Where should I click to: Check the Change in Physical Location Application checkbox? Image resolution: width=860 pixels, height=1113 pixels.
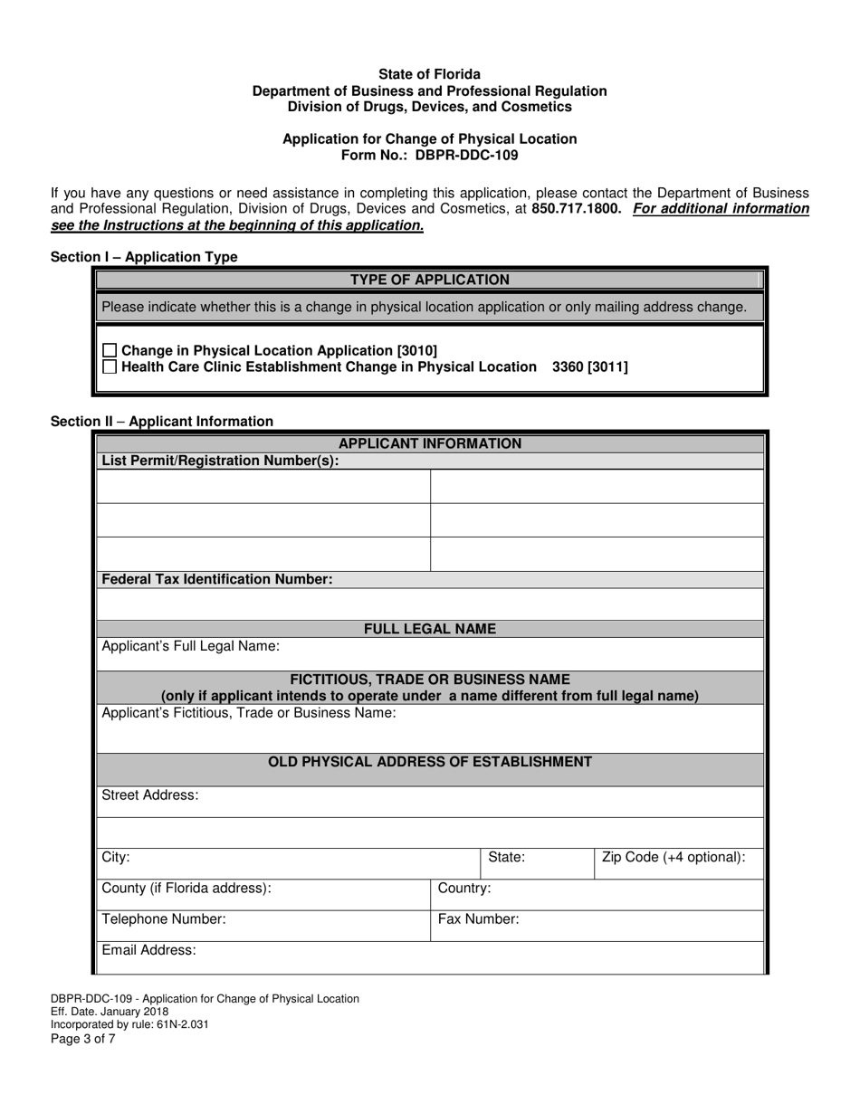(x=110, y=350)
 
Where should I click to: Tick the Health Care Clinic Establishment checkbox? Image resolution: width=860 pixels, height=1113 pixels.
(x=110, y=366)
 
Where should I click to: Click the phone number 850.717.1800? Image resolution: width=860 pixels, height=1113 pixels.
(x=577, y=209)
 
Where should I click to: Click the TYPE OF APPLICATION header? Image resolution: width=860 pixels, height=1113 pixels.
(x=429, y=281)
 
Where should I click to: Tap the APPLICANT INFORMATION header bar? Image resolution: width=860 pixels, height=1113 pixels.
(x=429, y=443)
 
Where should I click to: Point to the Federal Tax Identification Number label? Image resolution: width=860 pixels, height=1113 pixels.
(x=217, y=579)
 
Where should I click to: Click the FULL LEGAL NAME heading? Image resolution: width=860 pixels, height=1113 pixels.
(x=429, y=629)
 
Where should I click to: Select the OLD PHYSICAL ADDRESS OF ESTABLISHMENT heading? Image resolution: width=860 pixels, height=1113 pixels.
(x=429, y=762)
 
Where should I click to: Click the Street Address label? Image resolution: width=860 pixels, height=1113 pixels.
(x=150, y=795)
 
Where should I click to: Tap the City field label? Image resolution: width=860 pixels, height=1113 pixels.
(x=116, y=857)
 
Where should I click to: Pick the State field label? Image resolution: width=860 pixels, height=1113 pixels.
(x=507, y=857)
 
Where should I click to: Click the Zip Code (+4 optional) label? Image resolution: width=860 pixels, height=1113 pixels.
(x=674, y=857)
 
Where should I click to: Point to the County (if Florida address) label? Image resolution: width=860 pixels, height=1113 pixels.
(x=186, y=889)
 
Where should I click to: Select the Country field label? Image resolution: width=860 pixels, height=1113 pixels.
(x=464, y=889)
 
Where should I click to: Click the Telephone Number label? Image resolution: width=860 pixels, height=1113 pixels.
(x=164, y=919)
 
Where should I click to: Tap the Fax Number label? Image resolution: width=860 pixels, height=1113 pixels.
(x=479, y=919)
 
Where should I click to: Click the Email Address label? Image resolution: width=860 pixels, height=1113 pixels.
(x=148, y=950)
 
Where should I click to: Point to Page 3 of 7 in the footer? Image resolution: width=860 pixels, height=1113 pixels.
(x=83, y=1039)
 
